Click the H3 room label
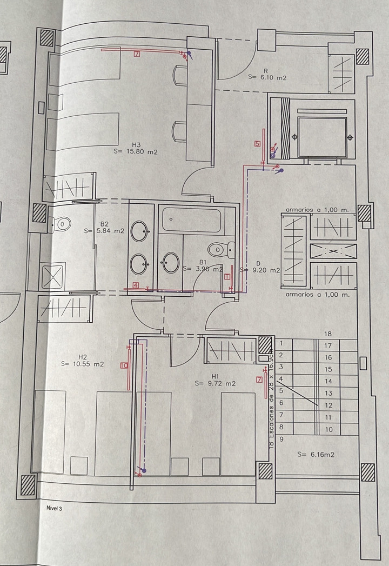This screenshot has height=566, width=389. pyautogui.click(x=136, y=144)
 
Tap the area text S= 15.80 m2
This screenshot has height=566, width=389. pyautogui.click(x=136, y=152)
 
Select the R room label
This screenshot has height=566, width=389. pyautogui.click(x=266, y=71)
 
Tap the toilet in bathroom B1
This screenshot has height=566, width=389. pyautogui.click(x=218, y=250)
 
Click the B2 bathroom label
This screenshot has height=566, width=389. pyautogui.click(x=104, y=224)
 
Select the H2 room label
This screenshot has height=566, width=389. pyautogui.click(x=83, y=357)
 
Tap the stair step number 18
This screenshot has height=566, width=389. pyautogui.click(x=327, y=334)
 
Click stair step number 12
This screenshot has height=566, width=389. pyautogui.click(x=328, y=405)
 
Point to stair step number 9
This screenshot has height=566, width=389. pyautogui.click(x=281, y=440)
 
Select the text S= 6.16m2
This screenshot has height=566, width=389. pyautogui.click(x=316, y=455)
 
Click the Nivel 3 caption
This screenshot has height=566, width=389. pyautogui.click(x=55, y=508)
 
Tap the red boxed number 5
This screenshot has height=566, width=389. pyautogui.click(x=258, y=144)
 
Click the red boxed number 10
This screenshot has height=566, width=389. pyautogui.click(x=124, y=366)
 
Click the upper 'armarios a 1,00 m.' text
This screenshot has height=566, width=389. pyautogui.click(x=318, y=209)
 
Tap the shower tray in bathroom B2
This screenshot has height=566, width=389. pyautogui.click(x=53, y=274)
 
